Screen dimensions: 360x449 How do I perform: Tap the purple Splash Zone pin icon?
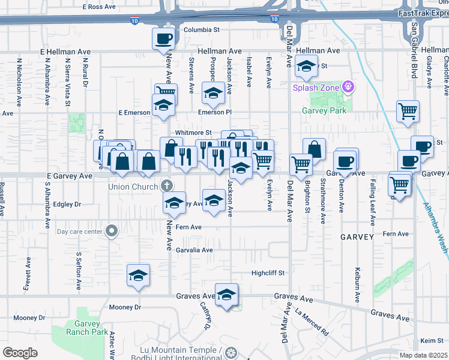coord(348,88)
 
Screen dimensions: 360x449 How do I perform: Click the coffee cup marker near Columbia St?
coord(164,40)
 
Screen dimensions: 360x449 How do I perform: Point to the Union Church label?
coord(133,187)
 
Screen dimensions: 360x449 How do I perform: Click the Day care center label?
coord(80,231)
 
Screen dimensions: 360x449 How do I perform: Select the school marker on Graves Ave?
coord(226,295)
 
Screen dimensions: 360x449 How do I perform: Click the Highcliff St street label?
coord(267,273)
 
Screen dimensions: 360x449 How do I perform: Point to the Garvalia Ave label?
coord(194,250)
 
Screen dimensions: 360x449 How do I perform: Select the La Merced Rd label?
coord(312,322)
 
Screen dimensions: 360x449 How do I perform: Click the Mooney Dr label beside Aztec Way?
coord(125,307)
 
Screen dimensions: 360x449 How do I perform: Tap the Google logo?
coord(20,353)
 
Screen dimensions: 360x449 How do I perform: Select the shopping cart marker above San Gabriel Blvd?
coord(408,112)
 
